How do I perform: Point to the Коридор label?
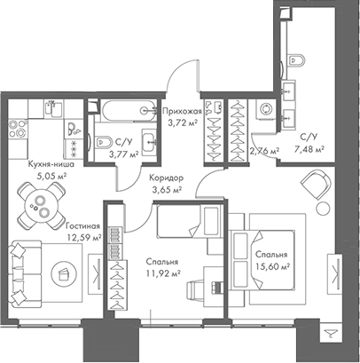pyautogui.click(x=164, y=177)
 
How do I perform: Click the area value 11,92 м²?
pyautogui.click(x=163, y=274)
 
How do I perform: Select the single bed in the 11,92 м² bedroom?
pyautogui.click(x=183, y=220)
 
